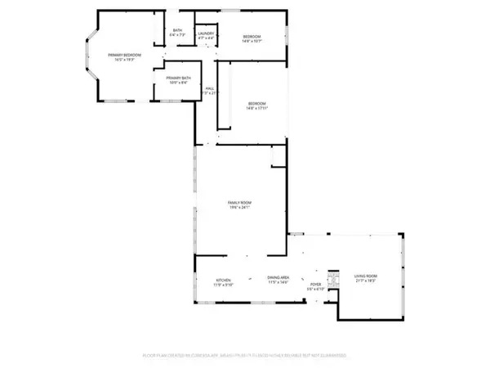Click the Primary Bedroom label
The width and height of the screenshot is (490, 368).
click(x=127, y=55)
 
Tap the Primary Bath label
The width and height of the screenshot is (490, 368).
click(x=178, y=78)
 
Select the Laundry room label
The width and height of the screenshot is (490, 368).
click(x=205, y=34)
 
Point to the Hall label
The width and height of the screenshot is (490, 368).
click(x=210, y=88)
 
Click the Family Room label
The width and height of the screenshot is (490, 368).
click(x=239, y=202)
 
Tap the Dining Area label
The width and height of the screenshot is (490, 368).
click(x=278, y=280)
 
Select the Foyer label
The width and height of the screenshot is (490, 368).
click(x=315, y=284)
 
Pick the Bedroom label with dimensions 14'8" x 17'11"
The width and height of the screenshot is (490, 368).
click(x=257, y=103)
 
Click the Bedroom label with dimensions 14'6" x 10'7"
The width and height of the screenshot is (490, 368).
click(x=252, y=37)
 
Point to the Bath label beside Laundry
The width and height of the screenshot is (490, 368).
click(x=178, y=31)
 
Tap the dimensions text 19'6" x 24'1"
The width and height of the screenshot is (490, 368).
click(x=239, y=208)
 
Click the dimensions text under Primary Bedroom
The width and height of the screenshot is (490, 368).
click(x=127, y=61)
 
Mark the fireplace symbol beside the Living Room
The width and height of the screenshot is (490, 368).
click(x=332, y=279)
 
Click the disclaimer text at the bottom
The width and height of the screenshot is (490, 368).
click(x=245, y=356)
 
